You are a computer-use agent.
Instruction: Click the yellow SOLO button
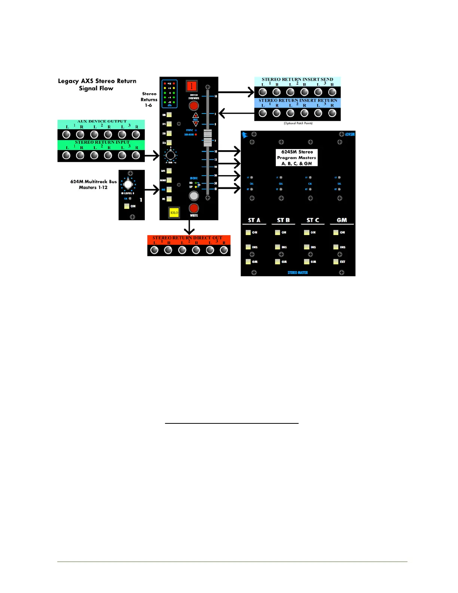174,213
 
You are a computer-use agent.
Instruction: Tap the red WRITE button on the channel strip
193,208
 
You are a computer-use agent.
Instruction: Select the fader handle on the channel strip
207,137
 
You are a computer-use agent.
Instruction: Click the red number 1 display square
192,86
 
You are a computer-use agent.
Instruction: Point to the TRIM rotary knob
170,155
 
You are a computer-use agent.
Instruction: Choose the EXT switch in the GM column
336,262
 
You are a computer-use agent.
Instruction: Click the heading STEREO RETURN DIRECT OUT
187,238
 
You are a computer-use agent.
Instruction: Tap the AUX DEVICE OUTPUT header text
102,121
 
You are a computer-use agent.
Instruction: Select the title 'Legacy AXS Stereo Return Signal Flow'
97,85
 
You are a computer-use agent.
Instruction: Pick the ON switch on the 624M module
127,206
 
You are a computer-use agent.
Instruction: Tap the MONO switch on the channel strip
169,180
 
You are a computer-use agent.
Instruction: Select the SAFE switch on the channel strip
169,171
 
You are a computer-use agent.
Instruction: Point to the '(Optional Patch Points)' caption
298,123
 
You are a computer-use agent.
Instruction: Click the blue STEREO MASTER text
297,273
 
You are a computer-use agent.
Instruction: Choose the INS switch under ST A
248,247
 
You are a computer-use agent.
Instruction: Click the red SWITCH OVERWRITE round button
193,106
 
